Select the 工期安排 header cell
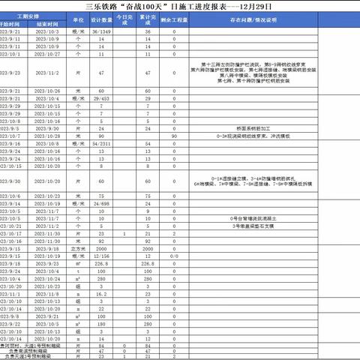tap(34, 15)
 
